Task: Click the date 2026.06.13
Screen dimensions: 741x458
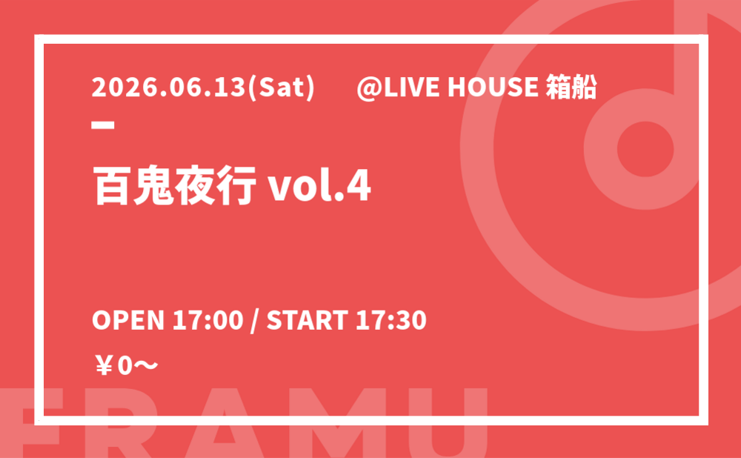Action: [x=169, y=87]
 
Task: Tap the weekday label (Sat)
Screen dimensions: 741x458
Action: [x=281, y=88]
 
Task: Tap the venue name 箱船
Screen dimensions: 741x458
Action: [x=571, y=87]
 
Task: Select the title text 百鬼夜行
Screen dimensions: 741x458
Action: [x=174, y=185]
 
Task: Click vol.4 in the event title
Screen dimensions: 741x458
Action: [x=319, y=185]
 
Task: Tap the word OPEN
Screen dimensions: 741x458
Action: [x=128, y=320]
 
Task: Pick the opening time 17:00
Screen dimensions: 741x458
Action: [x=207, y=320]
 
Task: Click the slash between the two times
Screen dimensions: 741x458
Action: [x=255, y=320]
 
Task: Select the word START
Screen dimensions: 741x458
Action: [x=308, y=320]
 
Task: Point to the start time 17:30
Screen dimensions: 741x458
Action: [x=391, y=320]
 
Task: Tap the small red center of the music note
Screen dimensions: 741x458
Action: [x=645, y=149]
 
